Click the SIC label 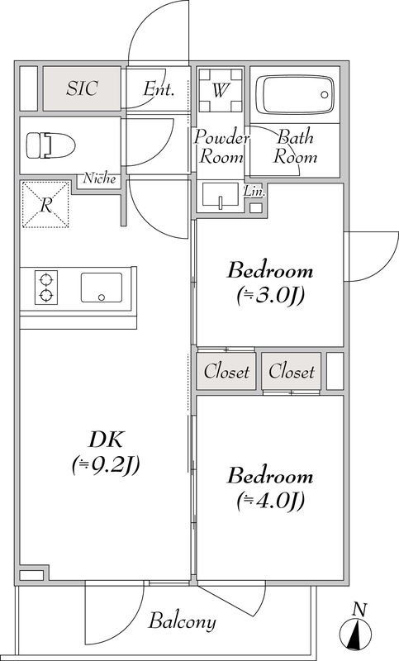tap(83, 88)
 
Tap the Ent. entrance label tap(159, 89)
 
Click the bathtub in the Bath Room tap(294, 94)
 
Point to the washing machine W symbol tap(220, 91)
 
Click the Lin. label tap(254, 191)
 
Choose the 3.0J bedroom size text tap(271, 295)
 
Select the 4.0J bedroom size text tap(271, 500)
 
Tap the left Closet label tap(226, 372)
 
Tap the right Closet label tap(291, 372)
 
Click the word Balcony tap(182, 621)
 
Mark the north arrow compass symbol tap(358, 632)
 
